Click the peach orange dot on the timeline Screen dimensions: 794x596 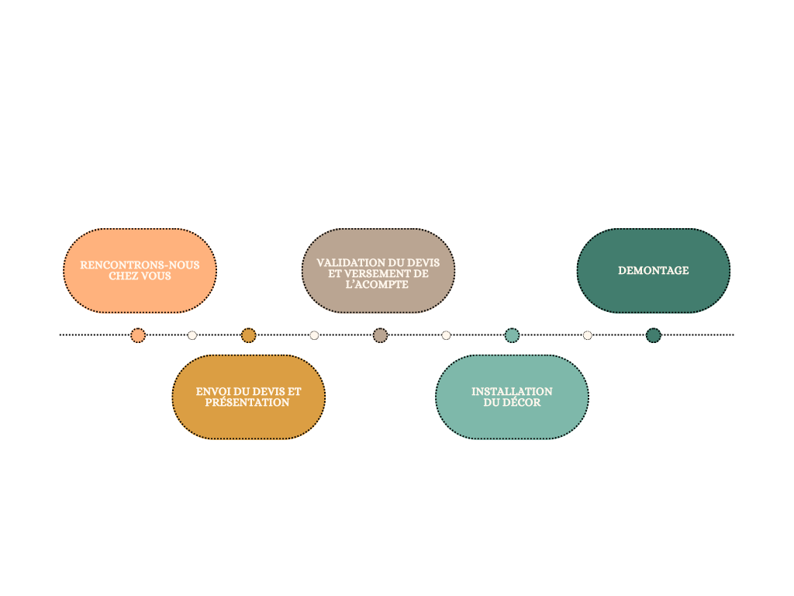tap(138, 335)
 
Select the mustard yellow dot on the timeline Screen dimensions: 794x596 tap(248, 335)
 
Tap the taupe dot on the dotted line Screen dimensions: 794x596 tap(380, 335)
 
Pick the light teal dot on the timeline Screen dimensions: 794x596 tap(512, 335)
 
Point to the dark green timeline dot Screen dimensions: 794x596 tap(654, 335)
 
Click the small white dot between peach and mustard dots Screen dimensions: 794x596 tap(192, 335)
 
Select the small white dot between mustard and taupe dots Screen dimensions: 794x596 tap(314, 335)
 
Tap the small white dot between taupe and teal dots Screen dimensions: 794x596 tap(446, 335)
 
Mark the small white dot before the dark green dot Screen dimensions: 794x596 tap(588, 335)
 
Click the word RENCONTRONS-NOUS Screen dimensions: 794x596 tap(140, 265)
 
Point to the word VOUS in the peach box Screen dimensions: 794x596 tap(155, 276)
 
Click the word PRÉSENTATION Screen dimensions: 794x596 tap(247, 403)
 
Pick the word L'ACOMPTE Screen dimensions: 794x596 tap(377, 285)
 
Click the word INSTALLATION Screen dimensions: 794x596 tap(512, 392)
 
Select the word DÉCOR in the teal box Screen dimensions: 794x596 tap(523, 403)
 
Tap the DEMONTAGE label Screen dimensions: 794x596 tap(653, 271)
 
